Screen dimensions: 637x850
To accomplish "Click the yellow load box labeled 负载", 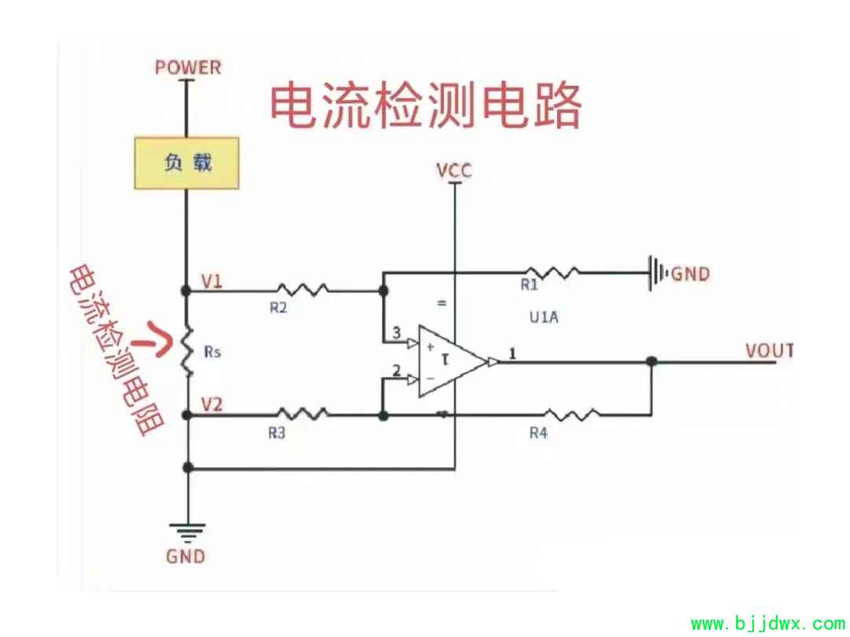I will click(187, 163).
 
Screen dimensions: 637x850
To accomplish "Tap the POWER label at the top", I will click(188, 67).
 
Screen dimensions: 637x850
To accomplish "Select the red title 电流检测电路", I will click(426, 106).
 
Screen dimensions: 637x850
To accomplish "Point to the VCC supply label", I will click(455, 169).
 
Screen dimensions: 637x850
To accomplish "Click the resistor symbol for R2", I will click(301, 290).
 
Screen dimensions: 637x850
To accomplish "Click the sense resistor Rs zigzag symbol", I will click(187, 352).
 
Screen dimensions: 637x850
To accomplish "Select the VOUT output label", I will click(769, 350).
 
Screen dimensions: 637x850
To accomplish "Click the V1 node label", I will click(212, 280).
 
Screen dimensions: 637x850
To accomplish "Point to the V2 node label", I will click(212, 405).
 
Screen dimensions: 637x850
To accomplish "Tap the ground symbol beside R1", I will click(656, 273).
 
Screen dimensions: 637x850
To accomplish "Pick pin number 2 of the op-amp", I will click(396, 370).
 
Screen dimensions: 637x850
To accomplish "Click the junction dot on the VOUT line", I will click(651, 362).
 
